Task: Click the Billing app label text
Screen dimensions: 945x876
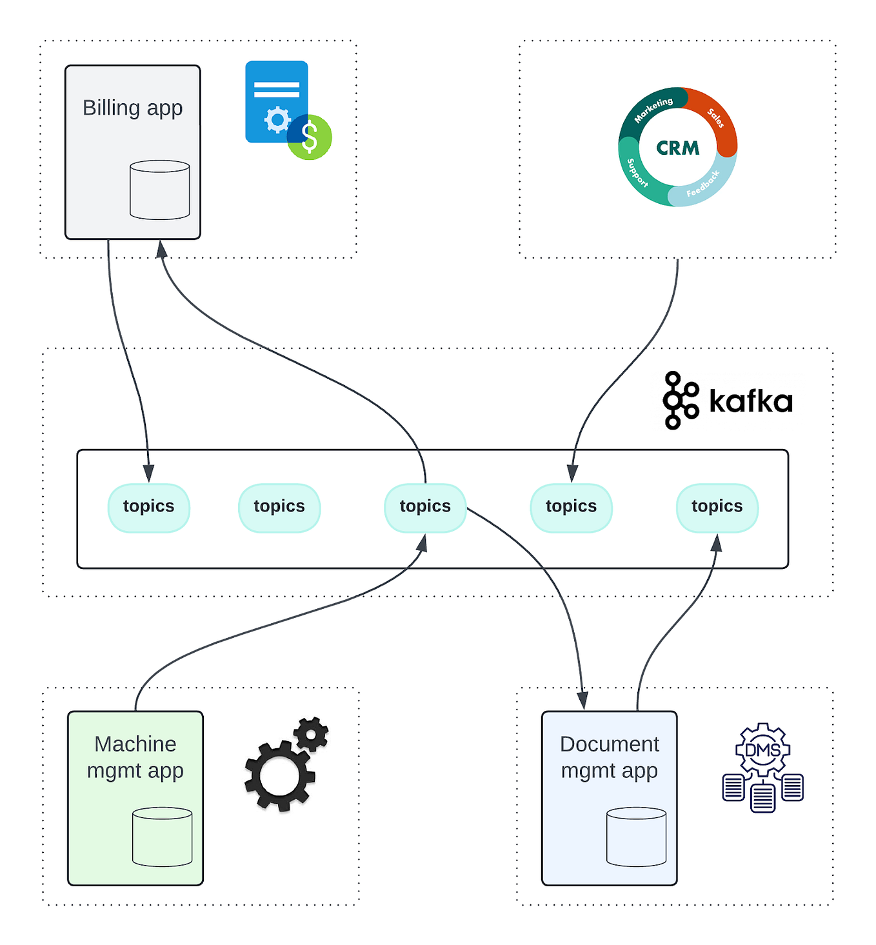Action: (x=132, y=108)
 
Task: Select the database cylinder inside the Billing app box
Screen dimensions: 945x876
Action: (x=159, y=190)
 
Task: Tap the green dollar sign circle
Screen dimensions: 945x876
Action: (x=310, y=137)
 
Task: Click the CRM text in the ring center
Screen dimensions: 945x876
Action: (x=677, y=148)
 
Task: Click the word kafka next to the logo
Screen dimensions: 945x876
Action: (x=750, y=401)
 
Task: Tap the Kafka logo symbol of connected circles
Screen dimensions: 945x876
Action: (x=680, y=401)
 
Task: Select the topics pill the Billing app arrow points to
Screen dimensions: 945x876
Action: (x=148, y=507)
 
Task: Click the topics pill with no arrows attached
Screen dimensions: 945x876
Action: (x=279, y=507)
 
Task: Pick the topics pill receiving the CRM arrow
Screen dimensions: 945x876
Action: (x=571, y=507)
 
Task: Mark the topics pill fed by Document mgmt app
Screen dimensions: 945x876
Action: (x=717, y=507)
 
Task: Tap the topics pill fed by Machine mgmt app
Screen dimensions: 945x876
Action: (x=424, y=507)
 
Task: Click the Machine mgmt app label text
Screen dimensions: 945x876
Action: (x=135, y=757)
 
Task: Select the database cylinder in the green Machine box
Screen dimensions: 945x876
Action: (x=162, y=837)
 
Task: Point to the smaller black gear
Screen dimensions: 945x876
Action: (x=311, y=734)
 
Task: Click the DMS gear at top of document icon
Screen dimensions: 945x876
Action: (x=762, y=750)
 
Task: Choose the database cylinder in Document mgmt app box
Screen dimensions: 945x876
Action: (x=636, y=837)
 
